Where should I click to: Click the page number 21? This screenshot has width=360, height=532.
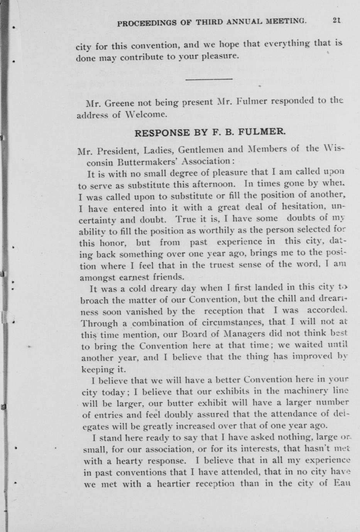336,22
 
